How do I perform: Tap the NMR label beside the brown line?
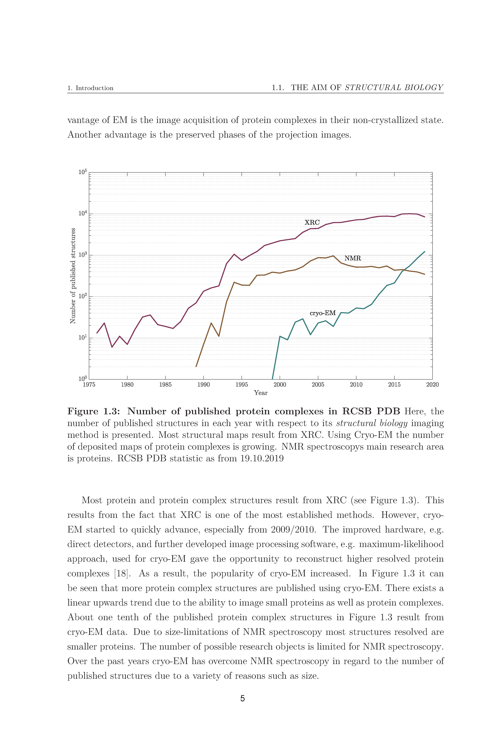353,258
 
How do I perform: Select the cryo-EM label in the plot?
323,313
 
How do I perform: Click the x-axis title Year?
261,393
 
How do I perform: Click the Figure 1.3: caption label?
93,411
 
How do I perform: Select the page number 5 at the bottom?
243,698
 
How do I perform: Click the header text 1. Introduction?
90,88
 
